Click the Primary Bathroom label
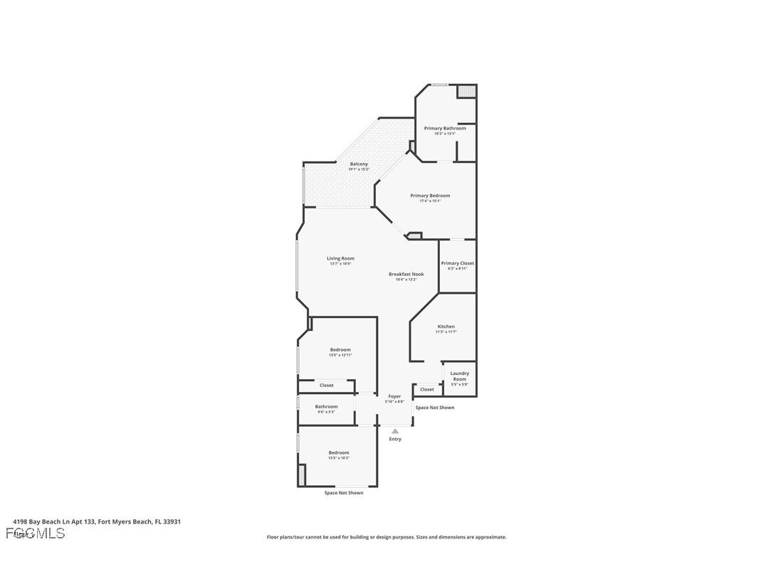point(445,129)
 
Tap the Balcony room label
point(359,164)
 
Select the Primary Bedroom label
point(430,196)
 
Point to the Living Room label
point(340,259)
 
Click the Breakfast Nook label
point(406,275)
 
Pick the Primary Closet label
point(457,264)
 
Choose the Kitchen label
point(446,327)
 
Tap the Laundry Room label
point(459,376)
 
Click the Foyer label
point(394,397)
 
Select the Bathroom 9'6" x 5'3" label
point(326,407)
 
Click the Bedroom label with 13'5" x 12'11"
point(340,350)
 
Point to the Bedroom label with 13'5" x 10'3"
point(339,453)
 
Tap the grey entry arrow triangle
point(395,430)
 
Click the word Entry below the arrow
point(395,440)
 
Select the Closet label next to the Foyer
point(427,390)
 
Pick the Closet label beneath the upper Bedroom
point(326,386)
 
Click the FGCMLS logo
point(35,533)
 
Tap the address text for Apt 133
point(97,521)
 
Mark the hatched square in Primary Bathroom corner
point(466,92)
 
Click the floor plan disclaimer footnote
point(386,537)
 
